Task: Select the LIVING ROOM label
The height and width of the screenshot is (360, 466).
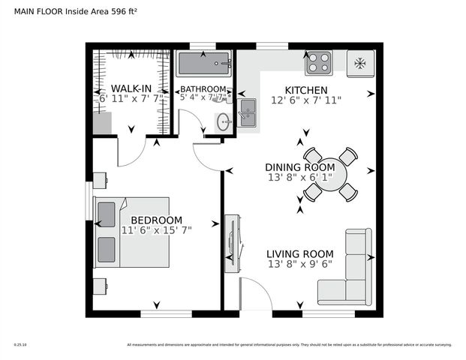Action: (299, 253)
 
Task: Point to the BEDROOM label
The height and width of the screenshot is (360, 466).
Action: (156, 220)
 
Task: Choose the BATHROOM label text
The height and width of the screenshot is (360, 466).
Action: (203, 90)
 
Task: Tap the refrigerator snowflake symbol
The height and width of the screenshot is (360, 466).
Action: (359, 63)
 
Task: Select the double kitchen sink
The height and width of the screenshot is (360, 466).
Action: (247, 112)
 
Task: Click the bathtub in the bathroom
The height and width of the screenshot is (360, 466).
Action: (203, 65)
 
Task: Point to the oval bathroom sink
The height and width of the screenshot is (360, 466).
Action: (223, 121)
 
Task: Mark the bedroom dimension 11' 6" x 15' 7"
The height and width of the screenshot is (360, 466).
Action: (156, 230)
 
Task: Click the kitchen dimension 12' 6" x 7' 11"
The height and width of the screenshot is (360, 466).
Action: (305, 100)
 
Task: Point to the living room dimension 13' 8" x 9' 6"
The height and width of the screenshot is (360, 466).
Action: (299, 264)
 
